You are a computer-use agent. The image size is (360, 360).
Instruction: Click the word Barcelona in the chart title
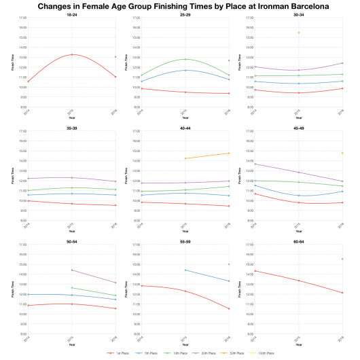point(297,6)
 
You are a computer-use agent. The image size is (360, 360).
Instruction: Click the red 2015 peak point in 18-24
point(71,54)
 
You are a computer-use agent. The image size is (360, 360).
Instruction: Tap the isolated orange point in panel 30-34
point(298,33)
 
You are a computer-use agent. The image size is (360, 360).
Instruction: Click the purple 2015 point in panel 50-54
point(71,270)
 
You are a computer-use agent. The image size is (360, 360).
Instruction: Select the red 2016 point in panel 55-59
point(229,309)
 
